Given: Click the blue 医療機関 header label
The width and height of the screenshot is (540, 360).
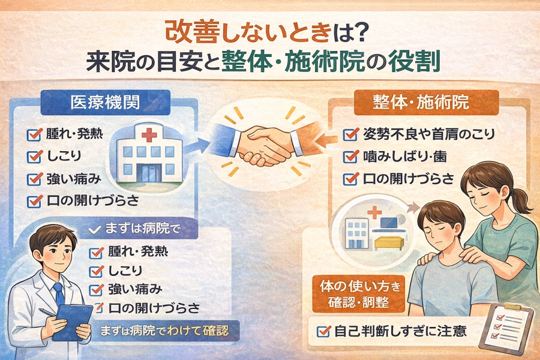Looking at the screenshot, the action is point(106,103).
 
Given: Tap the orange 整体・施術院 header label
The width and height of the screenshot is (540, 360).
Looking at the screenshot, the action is point(427,103).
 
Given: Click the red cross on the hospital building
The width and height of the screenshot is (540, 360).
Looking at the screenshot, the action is point(149,134).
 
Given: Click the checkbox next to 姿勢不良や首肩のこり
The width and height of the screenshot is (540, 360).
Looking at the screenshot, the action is point(350,134).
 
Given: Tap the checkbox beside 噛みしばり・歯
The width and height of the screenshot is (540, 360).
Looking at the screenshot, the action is point(350,157).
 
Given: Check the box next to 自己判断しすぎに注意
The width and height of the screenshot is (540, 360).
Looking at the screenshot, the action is point(324,331).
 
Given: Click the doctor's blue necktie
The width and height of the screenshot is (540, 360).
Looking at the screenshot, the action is point(59,295).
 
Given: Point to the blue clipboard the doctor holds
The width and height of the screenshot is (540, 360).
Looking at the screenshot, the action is point(73,322).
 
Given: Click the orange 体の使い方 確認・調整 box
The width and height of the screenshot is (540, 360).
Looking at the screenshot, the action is point(358,294).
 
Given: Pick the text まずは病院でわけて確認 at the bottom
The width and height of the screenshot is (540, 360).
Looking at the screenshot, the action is point(164,331).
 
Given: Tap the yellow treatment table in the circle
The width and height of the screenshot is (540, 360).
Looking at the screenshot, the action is point(389,243).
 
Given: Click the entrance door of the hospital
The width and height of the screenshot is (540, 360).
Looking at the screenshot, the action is point(149,172).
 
